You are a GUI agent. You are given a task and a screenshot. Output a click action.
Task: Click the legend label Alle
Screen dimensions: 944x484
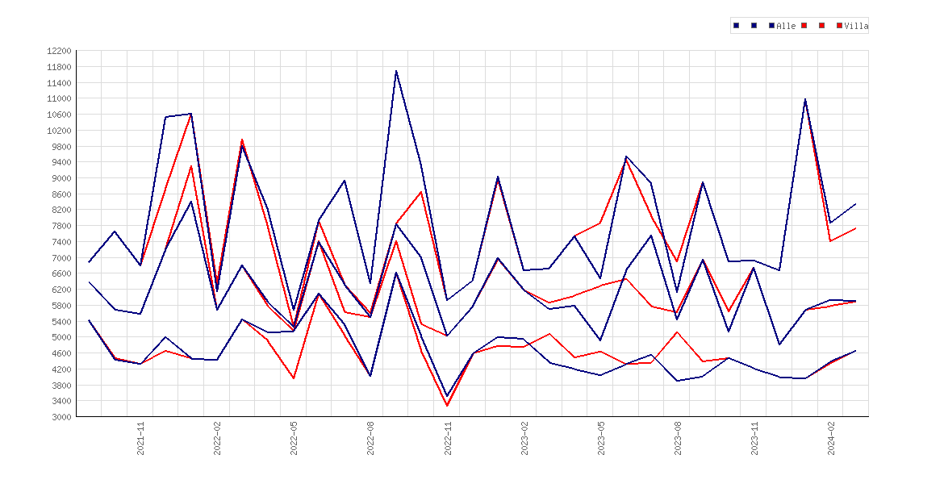click(786, 26)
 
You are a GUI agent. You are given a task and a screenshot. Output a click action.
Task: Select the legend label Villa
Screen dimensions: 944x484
click(856, 26)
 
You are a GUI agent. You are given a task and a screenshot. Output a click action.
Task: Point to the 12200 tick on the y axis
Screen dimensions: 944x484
click(59, 51)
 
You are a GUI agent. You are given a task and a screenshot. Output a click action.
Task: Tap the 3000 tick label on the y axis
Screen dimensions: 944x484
click(61, 417)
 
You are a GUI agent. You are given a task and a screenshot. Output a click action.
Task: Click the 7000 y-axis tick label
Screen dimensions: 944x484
click(61, 258)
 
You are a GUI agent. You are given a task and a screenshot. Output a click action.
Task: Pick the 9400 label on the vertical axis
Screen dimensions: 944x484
click(61, 162)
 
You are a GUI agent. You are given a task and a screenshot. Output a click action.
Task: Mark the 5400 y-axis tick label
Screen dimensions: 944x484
click(61, 322)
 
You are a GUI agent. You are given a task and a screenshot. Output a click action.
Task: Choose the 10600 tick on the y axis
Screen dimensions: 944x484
click(59, 115)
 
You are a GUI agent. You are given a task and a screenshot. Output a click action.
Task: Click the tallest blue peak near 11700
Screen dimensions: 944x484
click(395, 71)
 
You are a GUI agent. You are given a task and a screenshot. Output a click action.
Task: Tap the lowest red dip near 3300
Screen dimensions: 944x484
click(447, 406)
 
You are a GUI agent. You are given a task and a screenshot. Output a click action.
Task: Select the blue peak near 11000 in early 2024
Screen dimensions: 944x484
click(805, 99)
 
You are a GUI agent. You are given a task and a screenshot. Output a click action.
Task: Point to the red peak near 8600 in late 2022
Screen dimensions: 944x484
click(421, 192)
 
